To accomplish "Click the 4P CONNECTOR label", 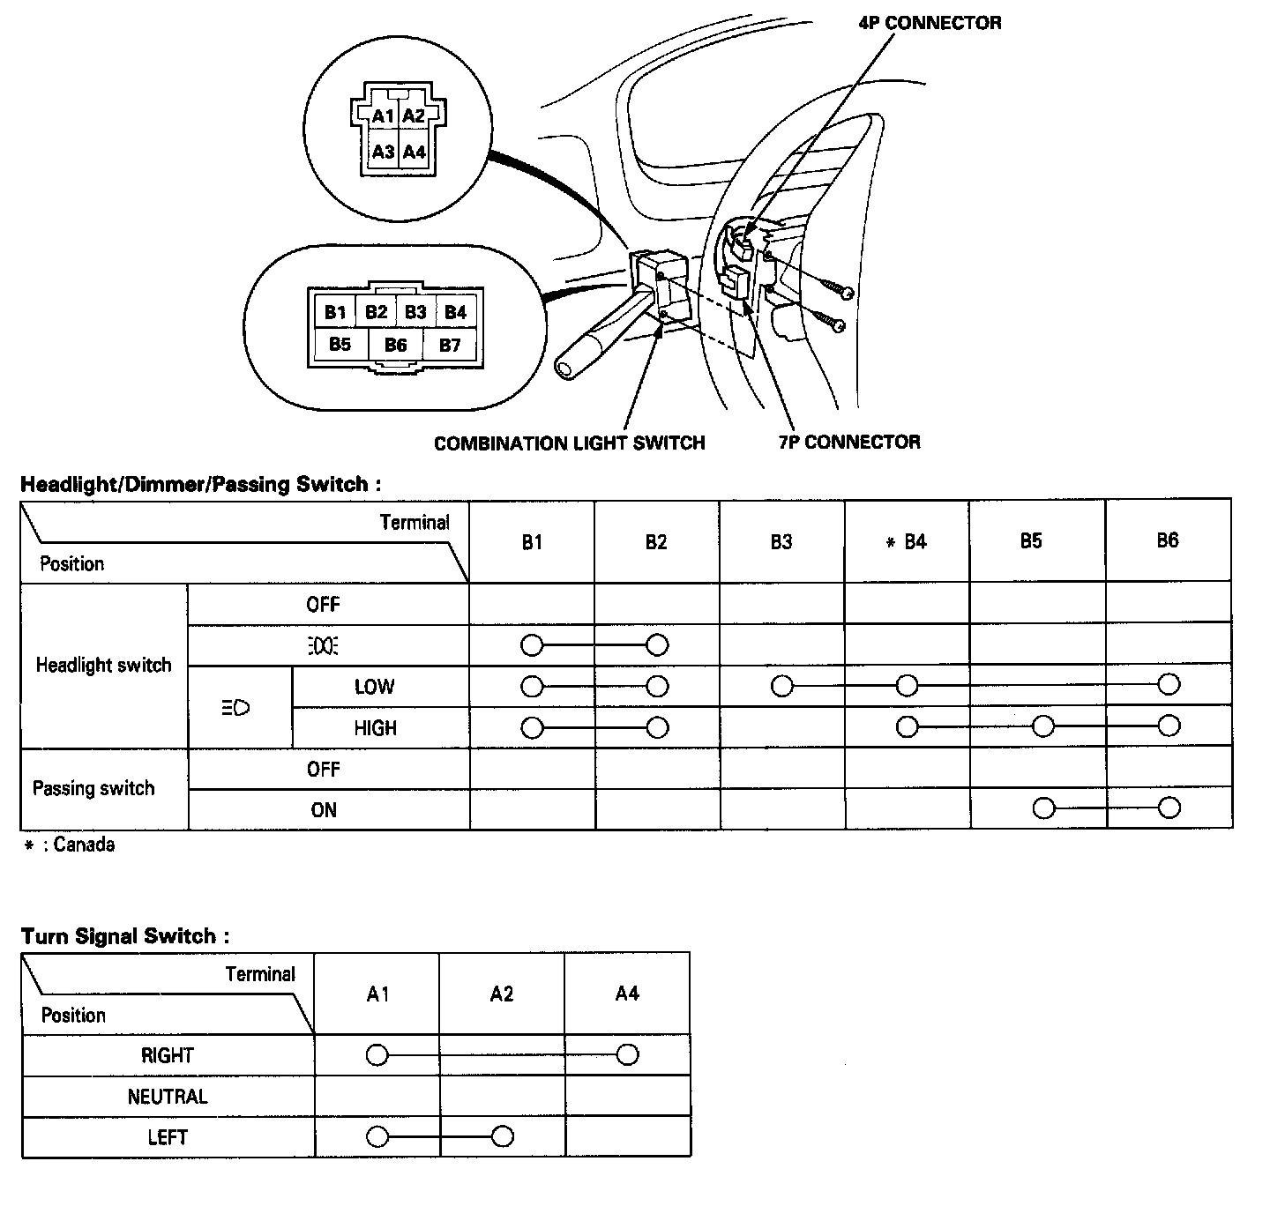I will tap(930, 23).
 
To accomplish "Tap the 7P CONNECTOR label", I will tap(849, 442).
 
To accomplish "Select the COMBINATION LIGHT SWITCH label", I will tap(569, 443).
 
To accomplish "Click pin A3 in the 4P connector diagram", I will tap(383, 152).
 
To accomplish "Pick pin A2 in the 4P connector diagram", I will tap(413, 115).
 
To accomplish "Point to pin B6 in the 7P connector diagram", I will tap(395, 345).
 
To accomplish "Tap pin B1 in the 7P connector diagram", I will tap(334, 311).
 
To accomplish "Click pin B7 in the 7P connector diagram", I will tap(450, 345).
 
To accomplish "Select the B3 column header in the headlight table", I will tap(781, 541).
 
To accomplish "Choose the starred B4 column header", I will tap(907, 541).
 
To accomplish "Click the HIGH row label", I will tap(376, 728).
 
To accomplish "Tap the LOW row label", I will tap(375, 687).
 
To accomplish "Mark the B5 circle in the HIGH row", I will tap(1043, 726).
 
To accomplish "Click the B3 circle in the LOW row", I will tap(781, 686).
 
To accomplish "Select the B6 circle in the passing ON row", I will tap(1169, 808).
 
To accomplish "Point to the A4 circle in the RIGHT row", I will tap(627, 1054).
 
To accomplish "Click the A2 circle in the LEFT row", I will tap(502, 1136).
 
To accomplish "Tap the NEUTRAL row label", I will tap(168, 1097).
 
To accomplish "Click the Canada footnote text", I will tap(70, 845).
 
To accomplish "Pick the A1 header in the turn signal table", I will tap(377, 994).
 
